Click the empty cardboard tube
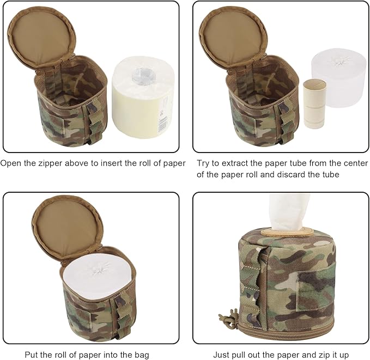coord(313,103)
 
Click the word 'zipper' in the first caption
coord(53,163)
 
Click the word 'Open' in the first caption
coord(11,163)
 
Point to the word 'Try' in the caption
coord(204,163)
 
